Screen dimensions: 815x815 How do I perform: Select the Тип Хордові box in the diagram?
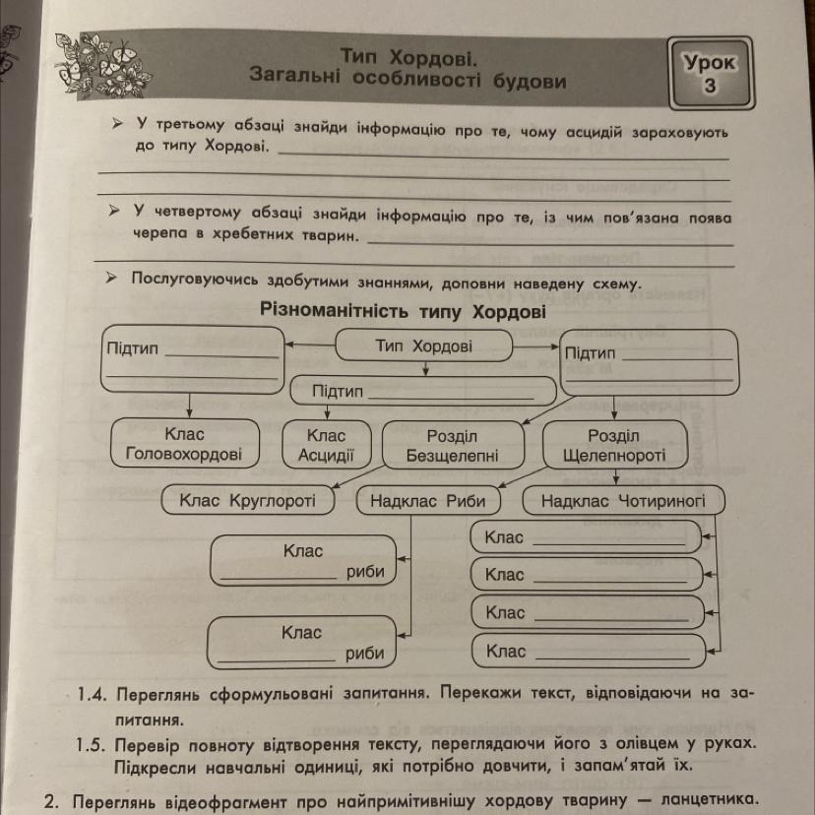pyautogui.click(x=424, y=346)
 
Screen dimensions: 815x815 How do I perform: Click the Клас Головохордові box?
pyautogui.click(x=184, y=444)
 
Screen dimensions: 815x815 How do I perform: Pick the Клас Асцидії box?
pyautogui.click(x=326, y=444)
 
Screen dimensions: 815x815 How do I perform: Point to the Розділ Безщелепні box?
pyautogui.click(x=452, y=445)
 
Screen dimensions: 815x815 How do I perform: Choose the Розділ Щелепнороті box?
pyautogui.click(x=613, y=445)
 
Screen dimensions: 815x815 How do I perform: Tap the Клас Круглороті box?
pyautogui.click(x=248, y=500)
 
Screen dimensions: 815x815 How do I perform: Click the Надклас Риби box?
pyautogui.click(x=428, y=500)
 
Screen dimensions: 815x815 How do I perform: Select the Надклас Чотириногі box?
pyautogui.click(x=623, y=500)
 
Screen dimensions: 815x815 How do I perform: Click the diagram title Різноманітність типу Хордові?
pyautogui.click(x=403, y=311)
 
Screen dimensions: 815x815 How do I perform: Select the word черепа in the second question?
pyautogui.click(x=158, y=236)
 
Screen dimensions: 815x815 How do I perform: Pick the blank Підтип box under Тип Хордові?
pyautogui.click(x=423, y=392)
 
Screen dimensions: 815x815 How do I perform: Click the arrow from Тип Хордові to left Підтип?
pyautogui.click(x=309, y=345)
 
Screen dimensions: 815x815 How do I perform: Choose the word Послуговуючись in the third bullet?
pyautogui.click(x=197, y=282)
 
